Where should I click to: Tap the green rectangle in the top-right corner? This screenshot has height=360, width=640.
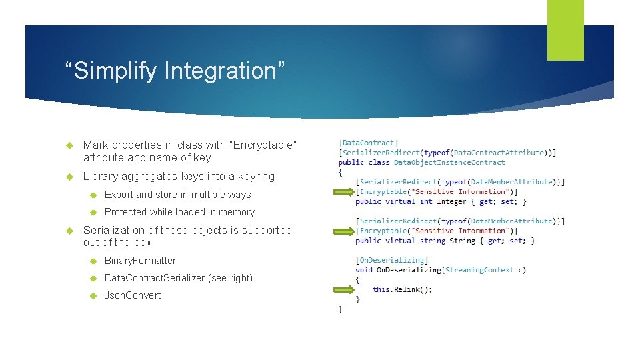pos(565,30)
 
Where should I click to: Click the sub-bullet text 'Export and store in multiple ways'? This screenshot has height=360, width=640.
pos(177,195)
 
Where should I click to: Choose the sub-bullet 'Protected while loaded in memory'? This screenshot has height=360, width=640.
pos(179,212)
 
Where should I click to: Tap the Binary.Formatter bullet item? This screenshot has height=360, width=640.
pos(140,261)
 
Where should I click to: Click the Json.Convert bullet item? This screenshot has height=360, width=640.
pos(133,295)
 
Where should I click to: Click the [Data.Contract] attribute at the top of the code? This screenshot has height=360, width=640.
pos(368,142)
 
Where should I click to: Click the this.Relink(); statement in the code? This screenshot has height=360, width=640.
pos(402,289)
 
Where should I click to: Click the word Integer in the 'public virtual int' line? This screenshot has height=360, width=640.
pos(451,201)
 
